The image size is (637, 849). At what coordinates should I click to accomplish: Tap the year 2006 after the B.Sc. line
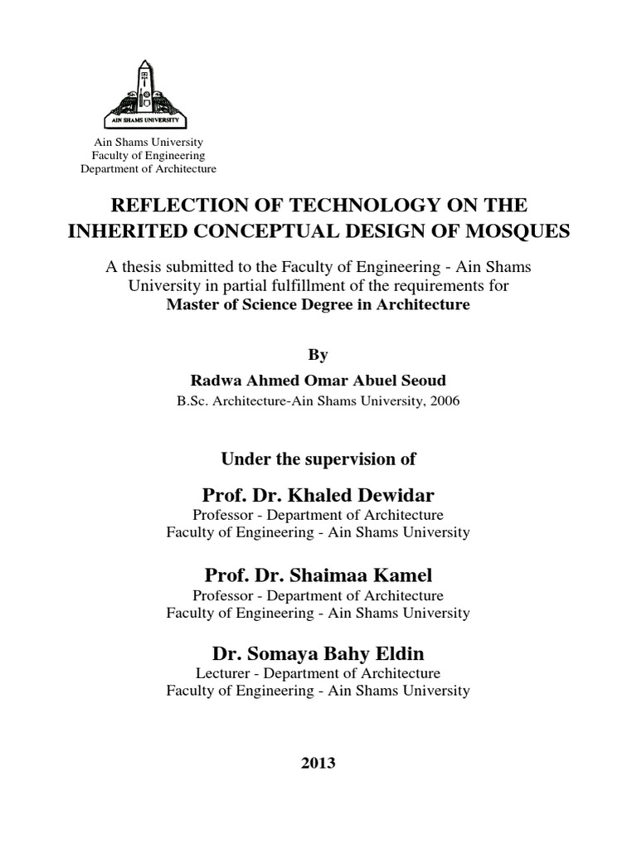(x=441, y=400)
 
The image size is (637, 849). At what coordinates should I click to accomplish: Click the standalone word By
(x=318, y=355)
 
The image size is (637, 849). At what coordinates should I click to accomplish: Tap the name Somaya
(x=280, y=654)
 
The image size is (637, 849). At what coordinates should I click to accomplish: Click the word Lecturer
(x=223, y=673)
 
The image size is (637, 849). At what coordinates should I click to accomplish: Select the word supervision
(x=341, y=458)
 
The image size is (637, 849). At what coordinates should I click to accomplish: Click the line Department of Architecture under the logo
(x=148, y=169)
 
